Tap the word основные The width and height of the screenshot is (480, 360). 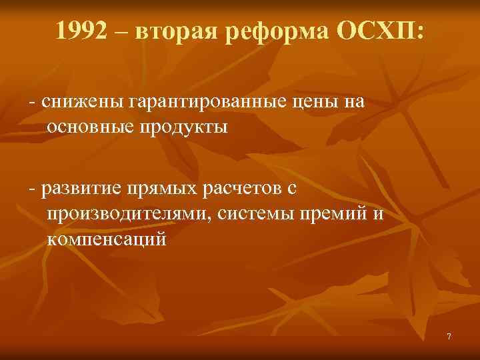pyautogui.click(x=91, y=127)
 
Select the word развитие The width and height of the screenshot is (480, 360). pyautogui.click(x=83, y=190)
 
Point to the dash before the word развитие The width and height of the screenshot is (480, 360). pyautogui.click(x=31, y=191)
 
